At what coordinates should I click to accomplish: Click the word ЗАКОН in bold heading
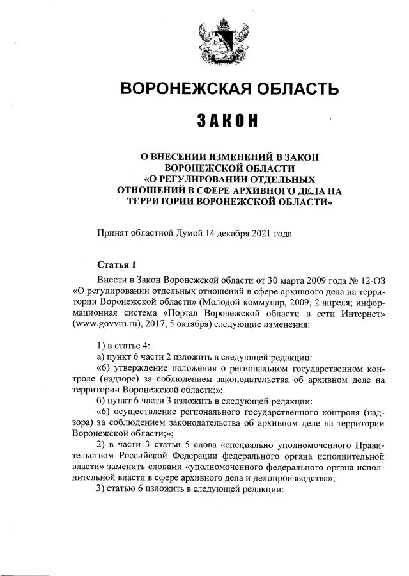tap(221, 121)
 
